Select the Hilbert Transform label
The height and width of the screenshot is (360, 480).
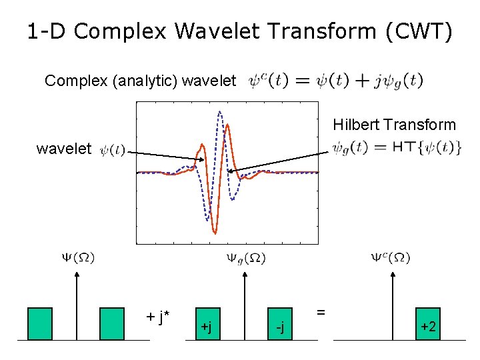[394, 125]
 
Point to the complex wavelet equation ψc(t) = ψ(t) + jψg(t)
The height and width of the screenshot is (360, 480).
[335, 81]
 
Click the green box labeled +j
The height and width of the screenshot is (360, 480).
[207, 324]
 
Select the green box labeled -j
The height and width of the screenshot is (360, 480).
[281, 324]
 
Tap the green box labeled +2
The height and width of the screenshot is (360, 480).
[428, 324]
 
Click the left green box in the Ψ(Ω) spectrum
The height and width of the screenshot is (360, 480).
[40, 324]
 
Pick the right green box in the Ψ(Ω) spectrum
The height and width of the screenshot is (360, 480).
[112, 324]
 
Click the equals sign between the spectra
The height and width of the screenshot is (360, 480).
[321, 311]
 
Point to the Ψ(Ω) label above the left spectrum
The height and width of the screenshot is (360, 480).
[78, 257]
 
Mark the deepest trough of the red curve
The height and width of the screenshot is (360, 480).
[215, 232]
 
